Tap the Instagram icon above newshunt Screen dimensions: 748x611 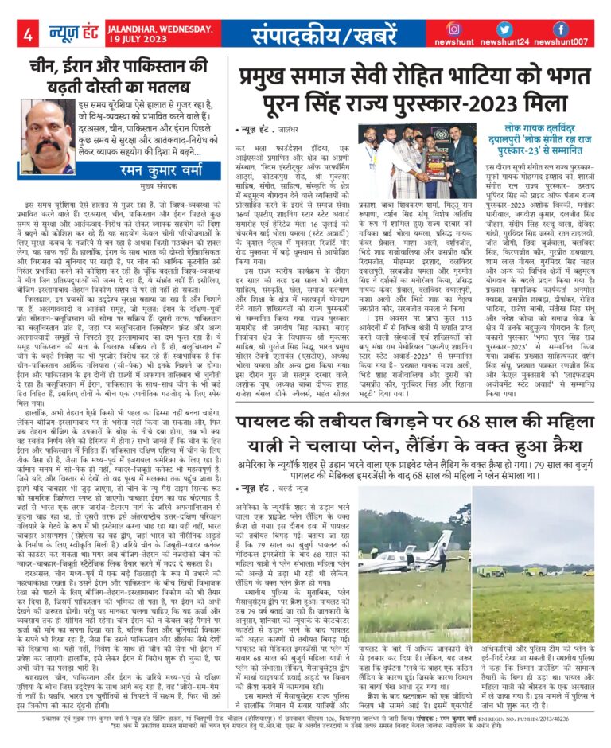coord(454,29)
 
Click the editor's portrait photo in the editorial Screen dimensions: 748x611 coord(49,128)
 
